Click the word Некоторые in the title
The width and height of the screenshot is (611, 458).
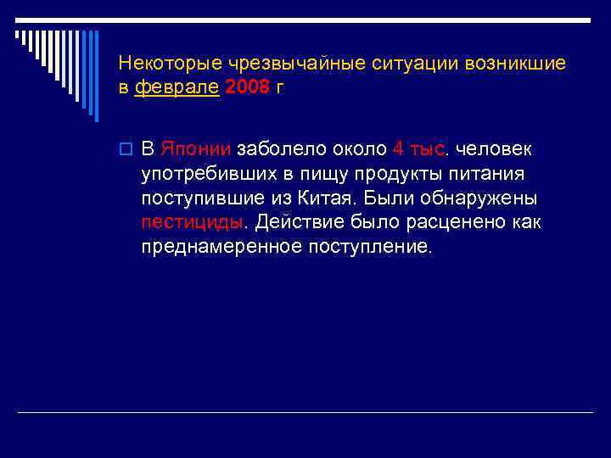[165, 64]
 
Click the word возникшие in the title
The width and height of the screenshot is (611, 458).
[519, 64]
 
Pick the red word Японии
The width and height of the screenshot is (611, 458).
[194, 149]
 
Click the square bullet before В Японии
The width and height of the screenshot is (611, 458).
[126, 150]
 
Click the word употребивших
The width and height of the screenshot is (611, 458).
[200, 174]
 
